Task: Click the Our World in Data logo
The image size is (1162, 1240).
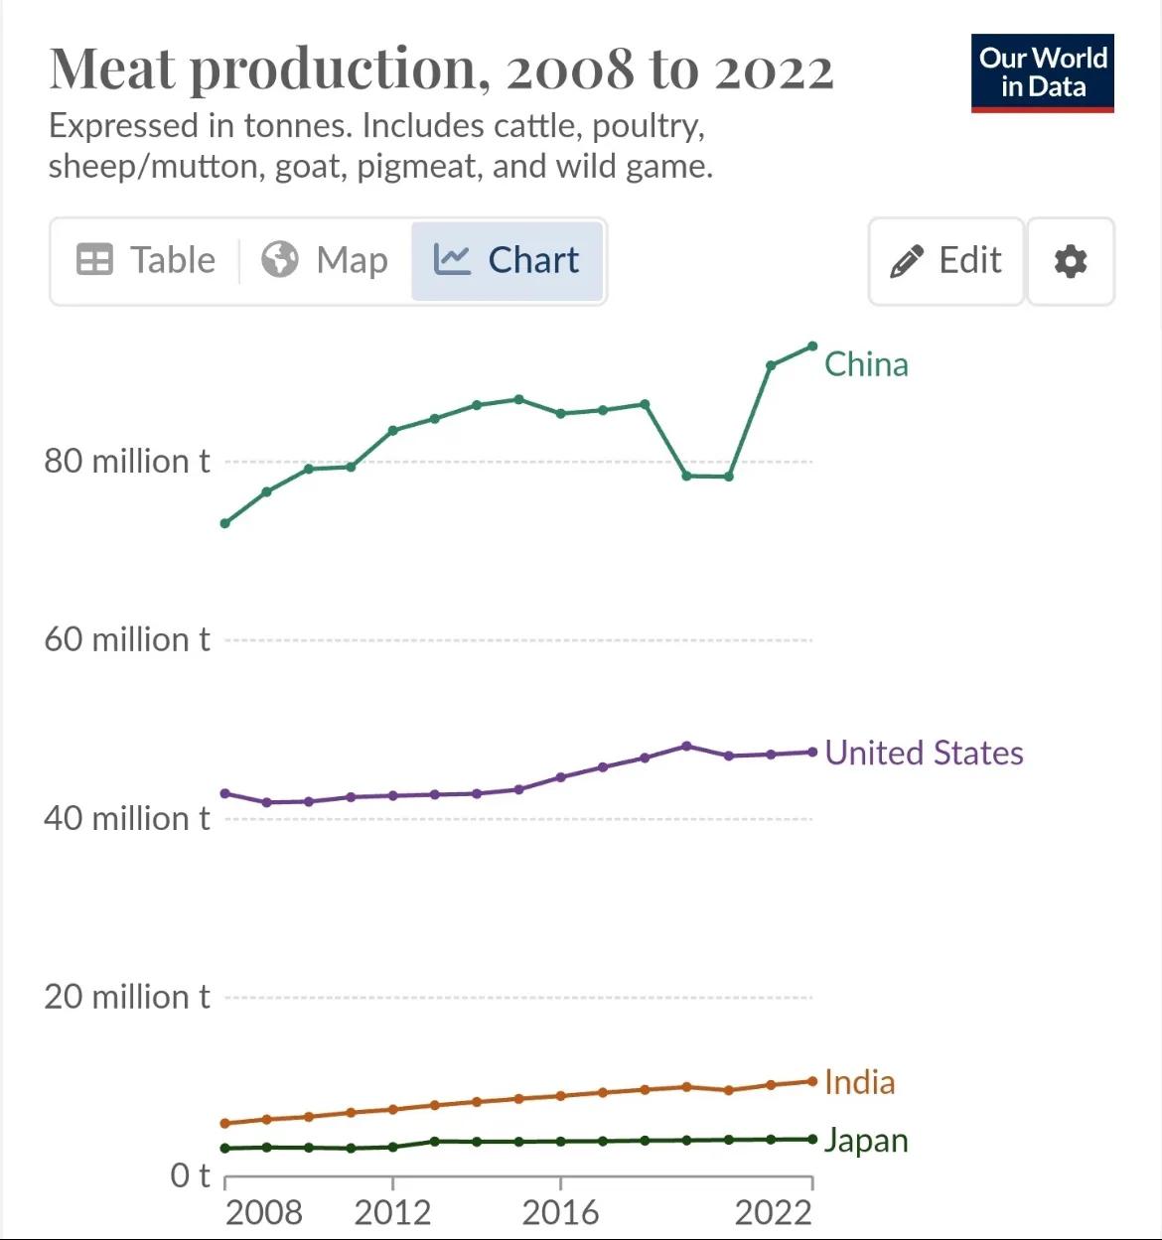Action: [x=1042, y=73]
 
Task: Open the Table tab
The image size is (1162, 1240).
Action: [x=146, y=260]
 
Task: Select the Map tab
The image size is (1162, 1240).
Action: [x=325, y=260]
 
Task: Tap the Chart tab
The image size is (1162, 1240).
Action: [x=507, y=260]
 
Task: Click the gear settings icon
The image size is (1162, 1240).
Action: [x=1070, y=261]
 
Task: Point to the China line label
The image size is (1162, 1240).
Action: [x=866, y=364]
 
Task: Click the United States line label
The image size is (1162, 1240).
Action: [x=924, y=753]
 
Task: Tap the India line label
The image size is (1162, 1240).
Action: [x=859, y=1081]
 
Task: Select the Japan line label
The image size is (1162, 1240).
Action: [x=866, y=1140]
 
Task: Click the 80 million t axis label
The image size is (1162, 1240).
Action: [x=127, y=461]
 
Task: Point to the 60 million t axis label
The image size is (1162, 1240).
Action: [x=127, y=639]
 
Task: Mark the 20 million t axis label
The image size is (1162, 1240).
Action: [x=127, y=997]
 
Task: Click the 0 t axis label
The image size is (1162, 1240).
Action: [x=190, y=1175]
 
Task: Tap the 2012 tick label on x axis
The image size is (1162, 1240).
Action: [x=392, y=1212]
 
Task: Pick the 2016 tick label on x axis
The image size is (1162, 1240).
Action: [x=560, y=1212]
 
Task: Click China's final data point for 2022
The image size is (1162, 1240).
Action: [x=812, y=346]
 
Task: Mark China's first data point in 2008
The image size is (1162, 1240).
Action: [x=225, y=523]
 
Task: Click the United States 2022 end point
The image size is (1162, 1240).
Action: [x=812, y=753]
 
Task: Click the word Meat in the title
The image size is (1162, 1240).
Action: [x=112, y=69]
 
